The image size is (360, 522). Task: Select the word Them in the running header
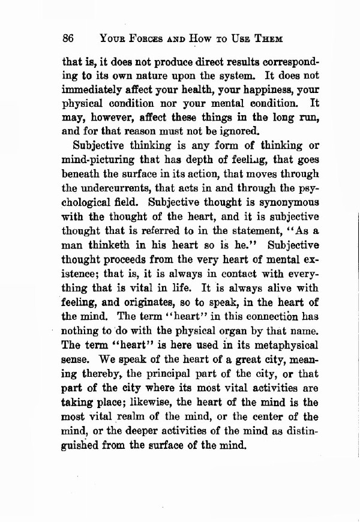tap(266, 38)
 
